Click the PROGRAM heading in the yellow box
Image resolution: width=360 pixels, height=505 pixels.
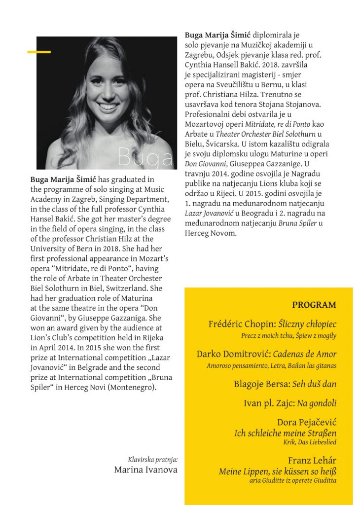tap(314, 305)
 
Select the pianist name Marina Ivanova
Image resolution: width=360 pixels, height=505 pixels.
tap(145, 469)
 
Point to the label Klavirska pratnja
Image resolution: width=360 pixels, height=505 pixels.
tap(153, 459)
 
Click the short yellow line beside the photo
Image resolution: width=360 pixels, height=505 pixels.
tap(39, 51)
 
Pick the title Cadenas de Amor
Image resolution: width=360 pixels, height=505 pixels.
tap(304, 354)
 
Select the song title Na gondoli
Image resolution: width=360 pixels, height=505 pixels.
tap(317, 403)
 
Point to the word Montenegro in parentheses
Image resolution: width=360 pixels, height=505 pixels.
tap(133, 387)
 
